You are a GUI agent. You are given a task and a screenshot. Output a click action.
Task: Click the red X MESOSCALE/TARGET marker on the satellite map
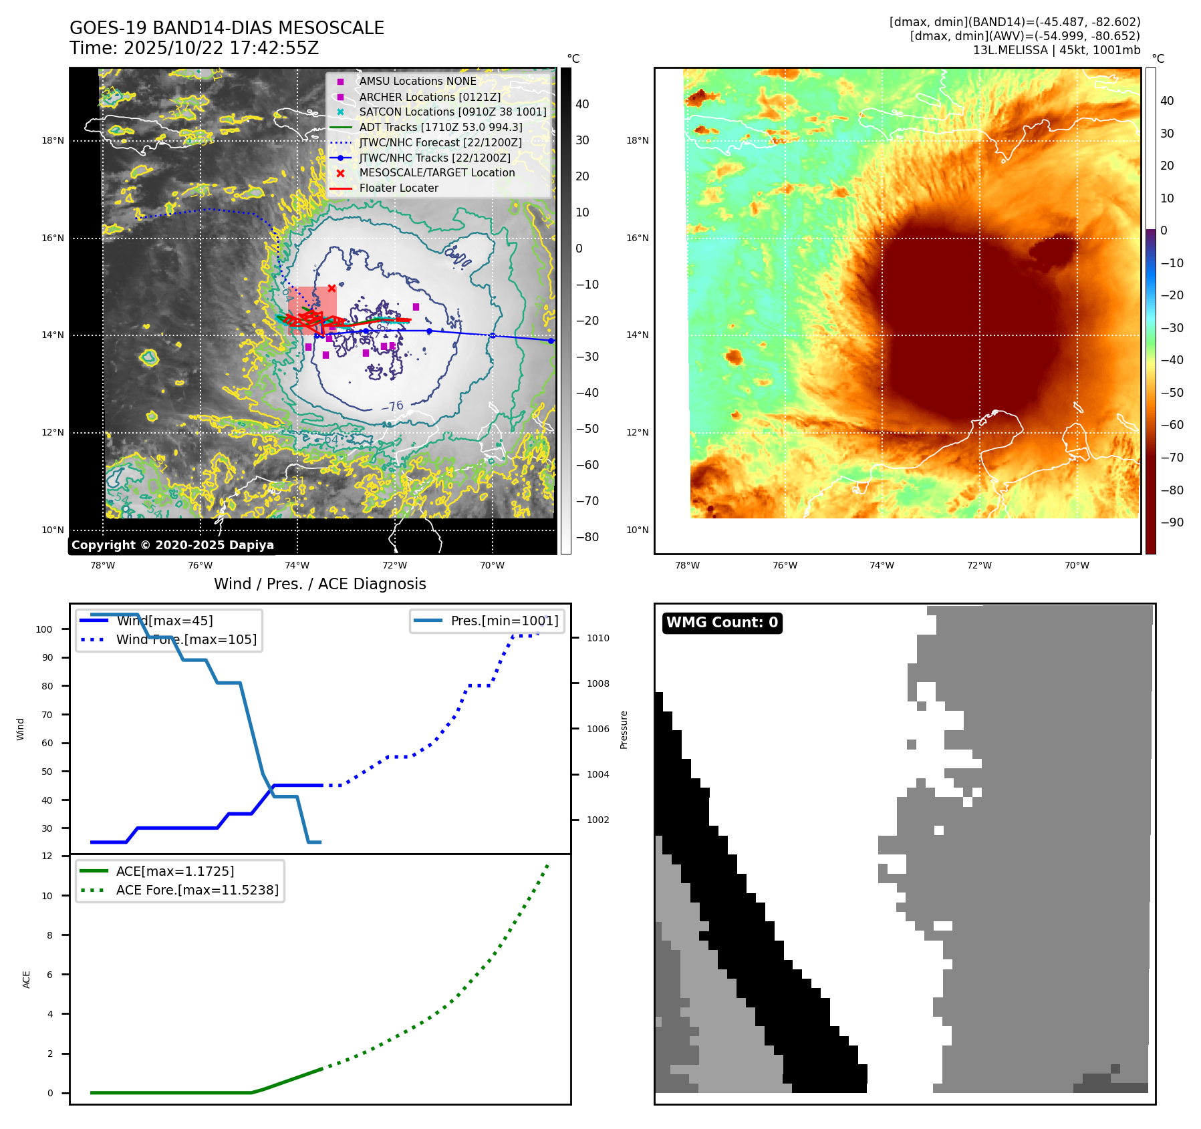pyautogui.click(x=331, y=288)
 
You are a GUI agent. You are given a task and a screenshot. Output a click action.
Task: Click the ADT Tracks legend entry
pyautogui.click(x=440, y=127)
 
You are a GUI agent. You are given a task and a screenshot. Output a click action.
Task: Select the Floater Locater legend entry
pyautogui.click(x=398, y=188)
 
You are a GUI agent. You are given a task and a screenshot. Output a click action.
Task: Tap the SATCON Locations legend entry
pyautogui.click(x=452, y=112)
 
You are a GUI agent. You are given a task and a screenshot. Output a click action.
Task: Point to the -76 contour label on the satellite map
pyautogui.click(x=392, y=406)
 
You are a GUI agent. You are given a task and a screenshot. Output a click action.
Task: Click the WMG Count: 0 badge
pyautogui.click(x=722, y=623)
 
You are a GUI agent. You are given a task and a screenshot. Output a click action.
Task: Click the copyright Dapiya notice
pyautogui.click(x=172, y=545)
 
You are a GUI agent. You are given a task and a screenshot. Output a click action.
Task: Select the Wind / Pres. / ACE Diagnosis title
pyautogui.click(x=319, y=584)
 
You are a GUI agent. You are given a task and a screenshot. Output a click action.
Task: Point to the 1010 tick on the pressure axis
pyautogui.click(x=597, y=638)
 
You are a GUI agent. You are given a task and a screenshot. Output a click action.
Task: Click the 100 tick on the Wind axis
pyautogui.click(x=44, y=629)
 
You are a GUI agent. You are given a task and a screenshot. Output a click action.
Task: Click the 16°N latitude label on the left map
pyautogui.click(x=53, y=238)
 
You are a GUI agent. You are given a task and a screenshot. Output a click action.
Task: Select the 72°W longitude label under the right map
pyautogui.click(x=979, y=565)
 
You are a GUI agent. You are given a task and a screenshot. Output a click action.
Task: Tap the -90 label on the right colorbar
pyautogui.click(x=1172, y=522)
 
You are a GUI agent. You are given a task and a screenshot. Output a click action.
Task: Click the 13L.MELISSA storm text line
pyautogui.click(x=1056, y=50)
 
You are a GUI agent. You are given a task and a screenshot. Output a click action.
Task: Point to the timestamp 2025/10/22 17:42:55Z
pyautogui.click(x=221, y=49)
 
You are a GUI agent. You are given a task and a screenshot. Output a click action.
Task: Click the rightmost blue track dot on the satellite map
pyautogui.click(x=551, y=341)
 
